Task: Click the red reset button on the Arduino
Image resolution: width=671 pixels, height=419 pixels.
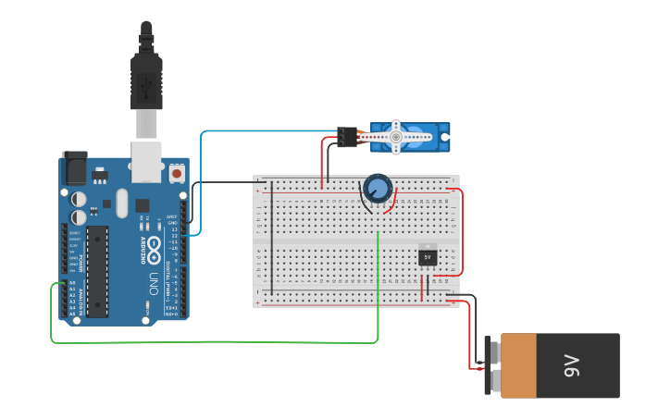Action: coord(177,172)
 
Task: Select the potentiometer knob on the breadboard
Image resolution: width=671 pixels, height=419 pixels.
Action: coord(377,189)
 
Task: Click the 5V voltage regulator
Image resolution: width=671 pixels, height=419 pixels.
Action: coord(427,255)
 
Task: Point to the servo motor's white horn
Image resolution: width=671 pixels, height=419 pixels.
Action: coord(395,137)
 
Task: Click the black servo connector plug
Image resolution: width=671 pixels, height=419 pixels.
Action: coord(347,137)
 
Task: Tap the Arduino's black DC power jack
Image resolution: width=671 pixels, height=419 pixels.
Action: coord(73,168)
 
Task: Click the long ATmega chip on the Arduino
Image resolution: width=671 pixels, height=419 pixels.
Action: coord(97,270)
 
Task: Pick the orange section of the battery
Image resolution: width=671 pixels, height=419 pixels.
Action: coord(518,365)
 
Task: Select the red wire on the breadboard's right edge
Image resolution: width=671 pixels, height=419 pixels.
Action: coord(462,231)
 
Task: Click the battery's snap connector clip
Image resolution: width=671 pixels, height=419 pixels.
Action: coord(490,365)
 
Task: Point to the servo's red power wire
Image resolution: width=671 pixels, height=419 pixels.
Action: coord(324,157)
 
